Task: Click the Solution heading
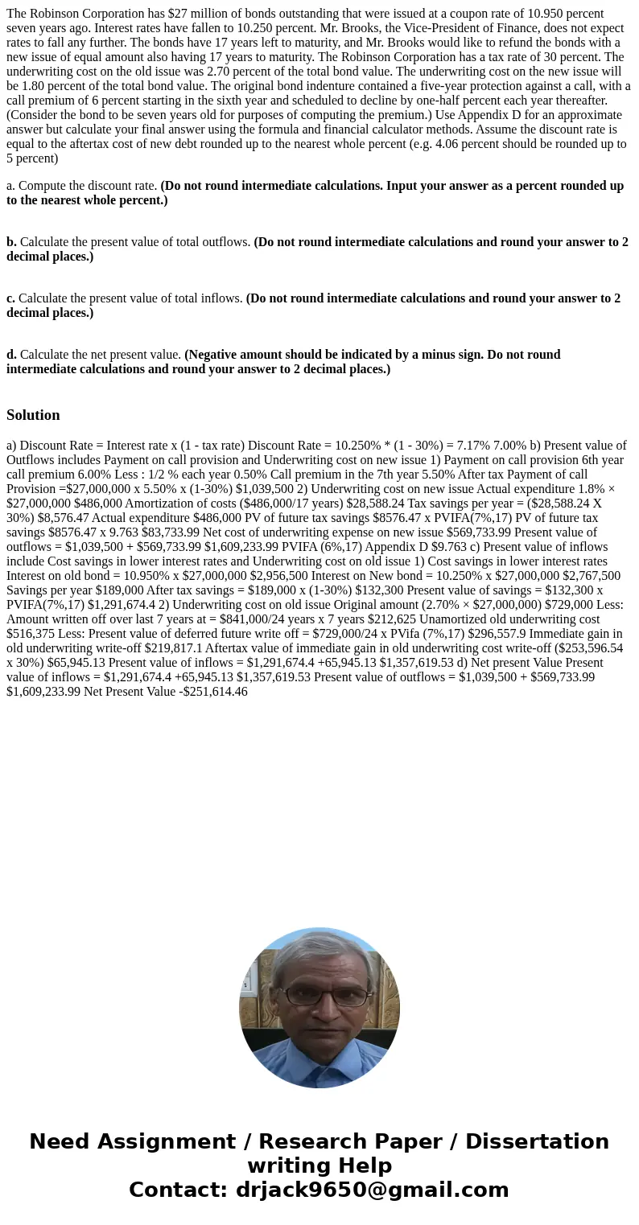pyautogui.click(x=33, y=415)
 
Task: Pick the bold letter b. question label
pyautogui.click(x=11, y=242)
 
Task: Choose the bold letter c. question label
pyautogui.click(x=10, y=298)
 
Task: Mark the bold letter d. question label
pyautogui.click(x=11, y=355)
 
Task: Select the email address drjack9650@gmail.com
pyautogui.click(x=372, y=1190)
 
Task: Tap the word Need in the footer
pyautogui.click(x=60, y=1142)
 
